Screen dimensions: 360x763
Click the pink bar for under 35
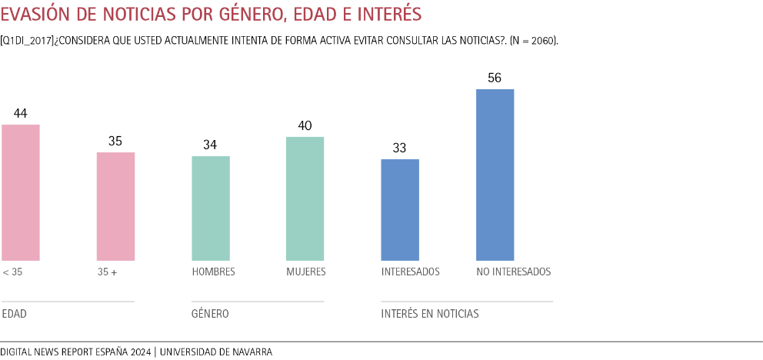[x=21, y=192]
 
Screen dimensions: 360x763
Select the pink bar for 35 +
[x=115, y=206]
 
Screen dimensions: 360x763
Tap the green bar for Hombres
[x=211, y=208]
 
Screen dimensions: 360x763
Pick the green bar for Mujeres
[x=305, y=198]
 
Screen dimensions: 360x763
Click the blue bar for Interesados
[x=400, y=210]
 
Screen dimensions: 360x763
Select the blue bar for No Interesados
[x=495, y=175]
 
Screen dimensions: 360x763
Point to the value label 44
[x=21, y=114]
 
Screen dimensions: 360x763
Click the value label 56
[x=495, y=78]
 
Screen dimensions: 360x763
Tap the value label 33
[x=400, y=148]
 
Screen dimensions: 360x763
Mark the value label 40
[x=305, y=126]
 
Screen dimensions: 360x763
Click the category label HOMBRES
[x=213, y=272]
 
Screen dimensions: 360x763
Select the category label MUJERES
[x=306, y=272]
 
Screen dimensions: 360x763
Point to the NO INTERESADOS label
[x=514, y=272]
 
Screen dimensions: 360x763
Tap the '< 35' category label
[x=12, y=272]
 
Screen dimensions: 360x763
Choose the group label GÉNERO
[x=210, y=314]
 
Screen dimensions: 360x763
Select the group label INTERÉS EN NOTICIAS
[x=430, y=314]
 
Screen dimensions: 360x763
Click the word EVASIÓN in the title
[x=38, y=15]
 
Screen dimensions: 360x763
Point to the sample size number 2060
[x=542, y=39]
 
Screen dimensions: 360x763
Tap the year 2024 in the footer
[x=140, y=352]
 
